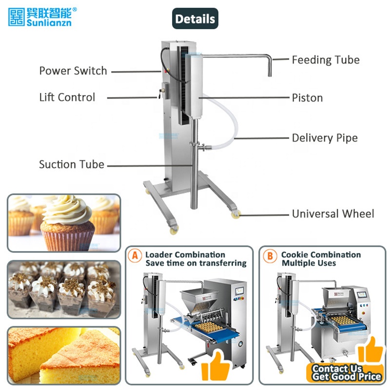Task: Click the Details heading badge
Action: pyautogui.click(x=195, y=19)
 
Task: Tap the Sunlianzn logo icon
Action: pyautogui.click(x=17, y=16)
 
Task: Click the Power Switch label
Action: pyautogui.click(x=73, y=71)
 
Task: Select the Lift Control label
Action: pyautogui.click(x=67, y=97)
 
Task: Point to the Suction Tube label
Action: pyautogui.click(x=72, y=164)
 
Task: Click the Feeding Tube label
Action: pyautogui.click(x=326, y=60)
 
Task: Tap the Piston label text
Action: pyautogui.click(x=307, y=97)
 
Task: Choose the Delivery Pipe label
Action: pyautogui.click(x=325, y=138)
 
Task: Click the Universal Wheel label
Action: pyautogui.click(x=333, y=214)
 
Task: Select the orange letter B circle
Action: pyautogui.click(x=269, y=255)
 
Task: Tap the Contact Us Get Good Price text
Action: pyautogui.click(x=346, y=372)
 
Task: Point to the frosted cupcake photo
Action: pyautogui.click(x=63, y=222)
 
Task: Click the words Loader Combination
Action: pyautogui.click(x=185, y=255)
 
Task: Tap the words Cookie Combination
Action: pyautogui.click(x=321, y=255)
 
